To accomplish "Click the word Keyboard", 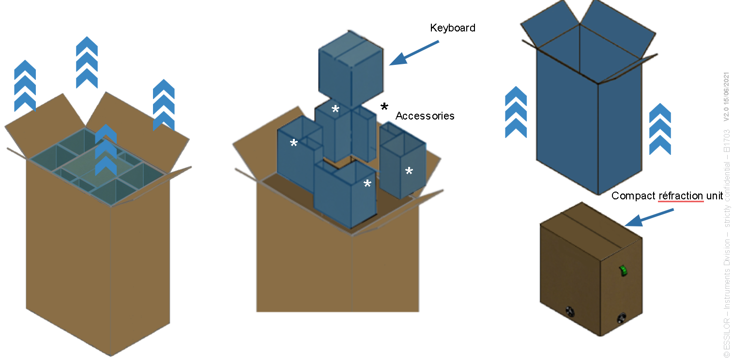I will coord(453,28).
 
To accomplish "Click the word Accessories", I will coord(425,116).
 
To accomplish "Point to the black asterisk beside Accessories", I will coord(384,107).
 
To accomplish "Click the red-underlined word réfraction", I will coord(681,196).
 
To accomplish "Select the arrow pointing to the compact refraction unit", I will coord(649,218).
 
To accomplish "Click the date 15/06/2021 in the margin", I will coord(726,96).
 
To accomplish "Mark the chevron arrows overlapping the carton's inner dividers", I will coord(106,150).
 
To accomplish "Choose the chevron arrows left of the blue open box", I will coord(516,112).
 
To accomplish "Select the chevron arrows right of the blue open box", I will coord(660,129).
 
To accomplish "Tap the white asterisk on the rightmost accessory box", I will coord(409,171).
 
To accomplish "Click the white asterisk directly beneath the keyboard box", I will coord(335,109).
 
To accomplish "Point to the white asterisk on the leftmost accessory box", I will coord(293,143).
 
